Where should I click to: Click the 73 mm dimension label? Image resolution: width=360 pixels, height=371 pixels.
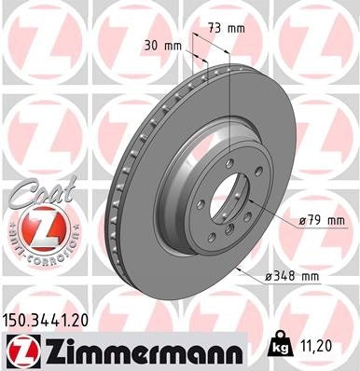click(x=227, y=28)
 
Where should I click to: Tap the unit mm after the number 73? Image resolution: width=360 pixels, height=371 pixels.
click(x=237, y=28)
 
